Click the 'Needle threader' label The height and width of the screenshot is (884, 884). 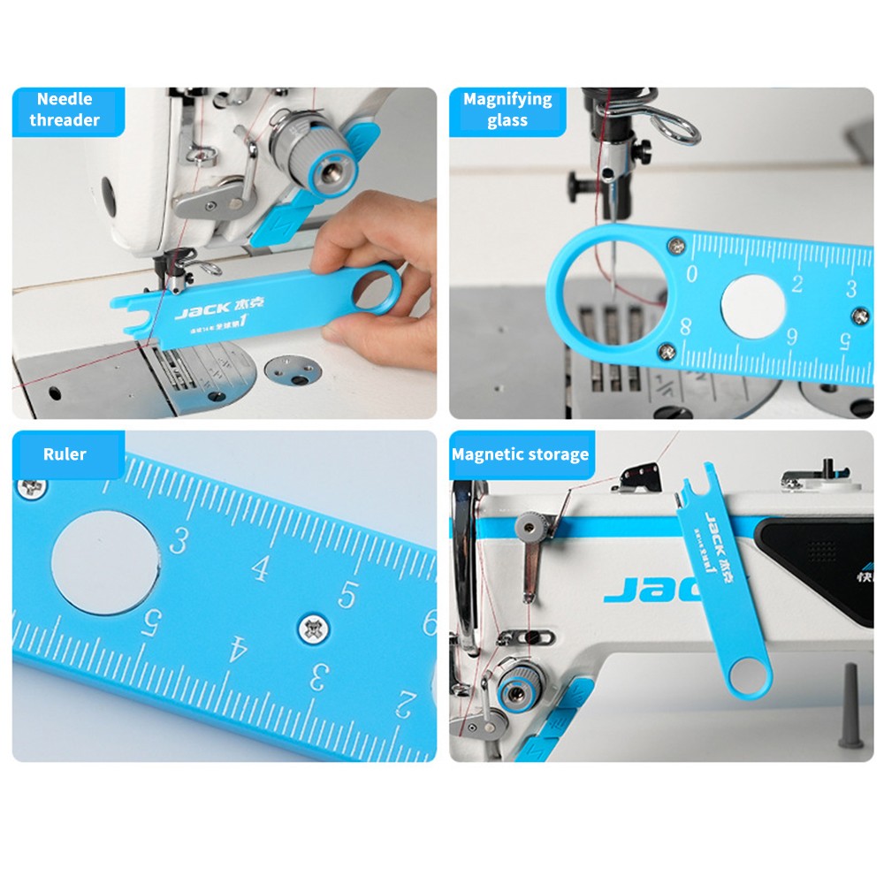point(65,110)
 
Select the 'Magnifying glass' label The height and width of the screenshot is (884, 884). point(507,110)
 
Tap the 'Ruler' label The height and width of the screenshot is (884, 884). point(65,454)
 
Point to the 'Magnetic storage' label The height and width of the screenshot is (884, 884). point(520,454)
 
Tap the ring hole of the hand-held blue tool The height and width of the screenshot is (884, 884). point(380,289)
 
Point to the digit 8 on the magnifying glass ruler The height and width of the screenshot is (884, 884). point(685,324)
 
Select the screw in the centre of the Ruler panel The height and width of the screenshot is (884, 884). point(312,629)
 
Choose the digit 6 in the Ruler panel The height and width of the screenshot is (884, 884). point(429,624)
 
